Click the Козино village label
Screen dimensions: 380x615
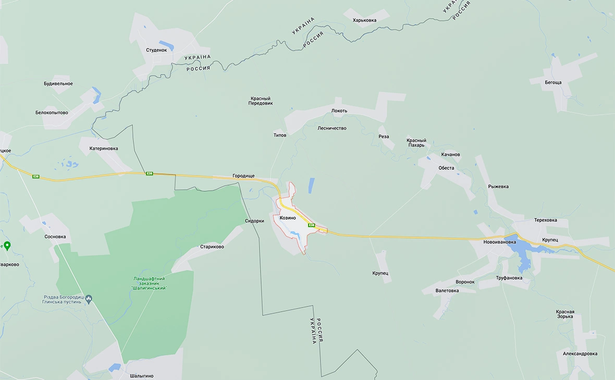click(x=287, y=218)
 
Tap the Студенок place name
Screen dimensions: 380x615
click(x=156, y=50)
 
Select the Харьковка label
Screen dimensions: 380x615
click(x=364, y=20)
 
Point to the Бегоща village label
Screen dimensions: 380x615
click(x=553, y=82)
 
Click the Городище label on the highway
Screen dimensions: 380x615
click(x=243, y=176)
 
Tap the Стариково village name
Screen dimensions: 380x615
click(x=212, y=247)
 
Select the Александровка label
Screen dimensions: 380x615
click(x=580, y=353)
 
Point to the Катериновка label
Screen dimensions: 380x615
click(x=104, y=149)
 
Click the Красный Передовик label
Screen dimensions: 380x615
click(x=261, y=101)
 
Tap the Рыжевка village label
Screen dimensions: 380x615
click(x=498, y=187)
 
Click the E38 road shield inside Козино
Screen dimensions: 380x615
click(x=311, y=226)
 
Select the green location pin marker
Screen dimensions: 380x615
click(x=7, y=246)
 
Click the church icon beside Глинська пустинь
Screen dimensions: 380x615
click(x=89, y=299)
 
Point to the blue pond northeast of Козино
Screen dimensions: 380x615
click(x=311, y=185)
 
